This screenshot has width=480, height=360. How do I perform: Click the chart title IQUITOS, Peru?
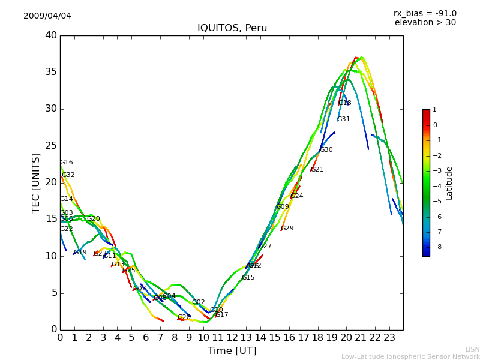[232, 28]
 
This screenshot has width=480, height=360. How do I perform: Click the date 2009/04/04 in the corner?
[47, 16]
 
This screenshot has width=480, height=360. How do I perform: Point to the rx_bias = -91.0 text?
[425, 13]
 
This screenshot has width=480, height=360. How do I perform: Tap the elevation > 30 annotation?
[425, 23]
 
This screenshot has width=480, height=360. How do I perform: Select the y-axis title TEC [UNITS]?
[36, 182]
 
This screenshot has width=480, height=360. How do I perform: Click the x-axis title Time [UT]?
[232, 350]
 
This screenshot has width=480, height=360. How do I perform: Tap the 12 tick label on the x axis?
[232, 338]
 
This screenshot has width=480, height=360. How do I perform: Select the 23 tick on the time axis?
[389, 338]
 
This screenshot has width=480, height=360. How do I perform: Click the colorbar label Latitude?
[449, 182]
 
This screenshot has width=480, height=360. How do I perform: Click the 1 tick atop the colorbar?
[434, 110]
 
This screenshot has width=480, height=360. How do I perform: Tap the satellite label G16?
[66, 163]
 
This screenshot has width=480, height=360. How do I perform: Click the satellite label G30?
[326, 150]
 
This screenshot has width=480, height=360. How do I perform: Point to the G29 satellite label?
[287, 229]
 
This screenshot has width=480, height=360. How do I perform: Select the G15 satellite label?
[248, 278]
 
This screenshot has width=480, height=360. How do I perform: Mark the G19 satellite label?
[80, 253]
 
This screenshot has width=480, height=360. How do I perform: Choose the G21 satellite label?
[317, 170]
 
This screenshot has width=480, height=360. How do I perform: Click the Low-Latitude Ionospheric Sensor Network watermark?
[410, 356]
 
